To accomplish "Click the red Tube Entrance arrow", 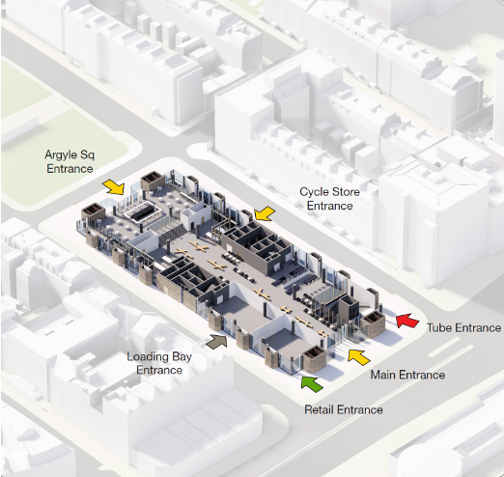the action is click(406, 321).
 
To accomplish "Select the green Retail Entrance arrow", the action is click(312, 383).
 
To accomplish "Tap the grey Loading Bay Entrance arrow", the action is click(216, 341).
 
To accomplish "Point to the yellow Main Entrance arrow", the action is click(359, 356).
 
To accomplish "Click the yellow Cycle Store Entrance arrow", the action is click(265, 214).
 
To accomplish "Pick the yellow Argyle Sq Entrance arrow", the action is click(113, 187).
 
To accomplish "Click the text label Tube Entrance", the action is click(463, 327).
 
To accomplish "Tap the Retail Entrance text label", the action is click(344, 409).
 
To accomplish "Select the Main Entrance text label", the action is click(407, 375).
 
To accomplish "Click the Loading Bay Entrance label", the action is click(159, 363).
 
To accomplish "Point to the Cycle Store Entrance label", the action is click(329, 199).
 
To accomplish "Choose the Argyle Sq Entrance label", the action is click(70, 161).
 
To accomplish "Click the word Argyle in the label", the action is click(61, 155).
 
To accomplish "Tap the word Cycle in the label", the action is click(312, 192).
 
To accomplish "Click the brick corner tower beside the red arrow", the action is click(373, 323).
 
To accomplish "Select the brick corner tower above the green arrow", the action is click(315, 359).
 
